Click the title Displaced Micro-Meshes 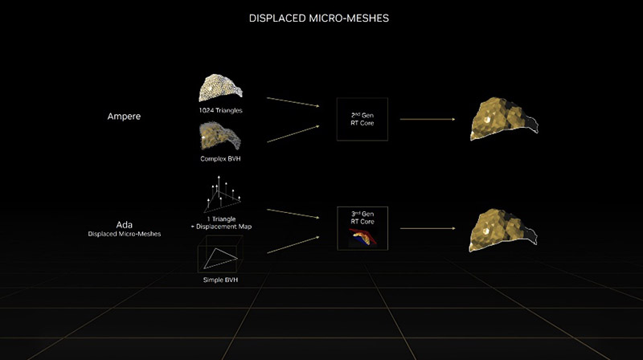point(318,18)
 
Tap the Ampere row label point(124,117)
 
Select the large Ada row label point(125,225)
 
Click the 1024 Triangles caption point(220,110)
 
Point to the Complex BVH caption point(220,158)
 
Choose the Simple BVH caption point(220,280)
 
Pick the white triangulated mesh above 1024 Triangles point(220,88)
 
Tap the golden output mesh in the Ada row point(502,230)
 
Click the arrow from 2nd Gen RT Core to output point(428,119)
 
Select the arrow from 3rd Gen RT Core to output point(428,228)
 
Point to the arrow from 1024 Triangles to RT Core point(293,102)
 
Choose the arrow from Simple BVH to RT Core point(293,245)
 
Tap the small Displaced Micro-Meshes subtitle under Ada point(125,234)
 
